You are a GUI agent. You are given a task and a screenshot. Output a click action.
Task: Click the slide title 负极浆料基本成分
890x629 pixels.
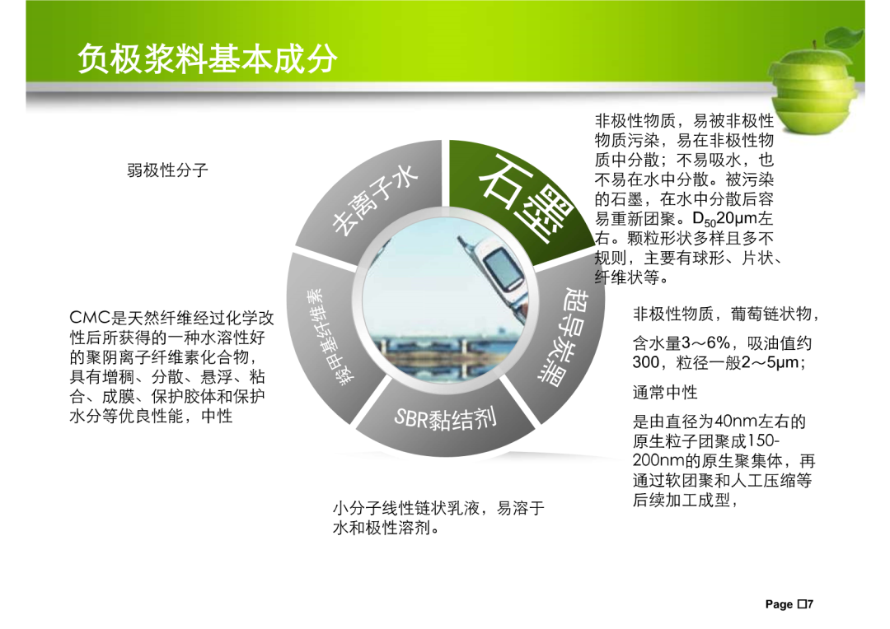pos(207,58)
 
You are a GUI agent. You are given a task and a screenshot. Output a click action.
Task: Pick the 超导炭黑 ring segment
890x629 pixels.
pos(559,340)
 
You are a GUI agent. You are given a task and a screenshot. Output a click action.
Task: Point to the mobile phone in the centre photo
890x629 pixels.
pos(493,273)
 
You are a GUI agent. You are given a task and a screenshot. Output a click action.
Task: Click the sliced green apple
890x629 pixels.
pos(814,85)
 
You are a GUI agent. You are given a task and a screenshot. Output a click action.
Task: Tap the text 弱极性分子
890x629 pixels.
pos(167,170)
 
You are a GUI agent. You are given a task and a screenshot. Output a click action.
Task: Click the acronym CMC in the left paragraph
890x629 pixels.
pos(91,318)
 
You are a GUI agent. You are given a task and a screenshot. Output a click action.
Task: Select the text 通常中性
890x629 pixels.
pos(665,392)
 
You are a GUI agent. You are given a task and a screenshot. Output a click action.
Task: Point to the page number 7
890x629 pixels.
pos(810,604)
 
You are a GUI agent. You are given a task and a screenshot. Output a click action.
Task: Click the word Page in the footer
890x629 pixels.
pos(780,604)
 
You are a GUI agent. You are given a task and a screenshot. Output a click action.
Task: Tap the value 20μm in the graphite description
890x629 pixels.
pos(737,219)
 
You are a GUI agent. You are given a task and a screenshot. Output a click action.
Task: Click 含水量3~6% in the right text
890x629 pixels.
pos(682,343)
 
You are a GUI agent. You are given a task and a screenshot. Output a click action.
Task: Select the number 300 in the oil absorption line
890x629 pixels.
pos(646,362)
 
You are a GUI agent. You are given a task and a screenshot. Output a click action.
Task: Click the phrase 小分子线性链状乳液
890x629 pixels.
pos(406,508)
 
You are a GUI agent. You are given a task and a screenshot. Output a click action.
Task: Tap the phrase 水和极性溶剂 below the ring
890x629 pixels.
pos(382,528)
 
